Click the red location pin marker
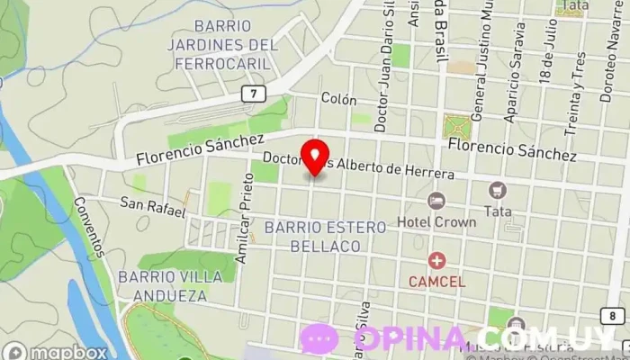coord(314,156)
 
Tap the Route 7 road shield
coord(256,94)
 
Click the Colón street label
coord(338,100)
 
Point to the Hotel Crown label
coord(436,221)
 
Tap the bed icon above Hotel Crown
coord(436,200)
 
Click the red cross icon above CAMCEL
coord(437,261)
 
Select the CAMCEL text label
coord(437,282)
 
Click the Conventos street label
coord(91,226)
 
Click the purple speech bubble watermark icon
coord(319,339)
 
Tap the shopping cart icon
coord(497,190)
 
